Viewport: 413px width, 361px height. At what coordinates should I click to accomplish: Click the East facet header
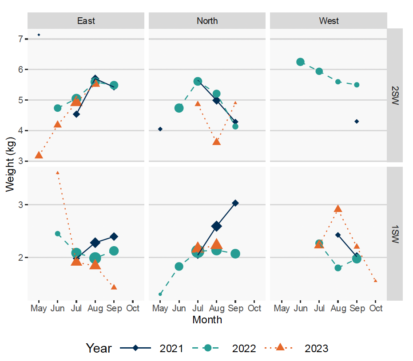tap(86, 21)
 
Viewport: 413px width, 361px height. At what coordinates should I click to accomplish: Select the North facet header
tap(207, 21)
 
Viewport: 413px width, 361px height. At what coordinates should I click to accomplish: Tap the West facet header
tap(329, 21)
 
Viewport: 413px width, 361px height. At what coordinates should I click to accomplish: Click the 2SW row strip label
tap(395, 96)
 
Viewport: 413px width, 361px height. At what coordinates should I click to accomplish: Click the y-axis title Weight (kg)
tap(10, 164)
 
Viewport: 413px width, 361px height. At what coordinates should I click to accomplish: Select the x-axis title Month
tap(207, 319)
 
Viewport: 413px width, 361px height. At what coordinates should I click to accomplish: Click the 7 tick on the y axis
tap(20, 39)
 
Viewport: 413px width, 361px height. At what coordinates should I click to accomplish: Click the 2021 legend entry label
tap(171, 348)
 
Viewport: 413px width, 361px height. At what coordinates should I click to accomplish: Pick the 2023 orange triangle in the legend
tap(280, 348)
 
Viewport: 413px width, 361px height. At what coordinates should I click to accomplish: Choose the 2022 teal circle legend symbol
tap(207, 348)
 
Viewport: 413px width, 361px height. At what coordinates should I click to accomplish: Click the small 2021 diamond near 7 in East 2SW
tap(39, 35)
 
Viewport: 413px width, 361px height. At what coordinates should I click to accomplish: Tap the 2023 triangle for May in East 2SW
tap(39, 155)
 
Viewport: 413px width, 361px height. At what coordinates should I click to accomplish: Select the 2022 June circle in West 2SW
tap(300, 62)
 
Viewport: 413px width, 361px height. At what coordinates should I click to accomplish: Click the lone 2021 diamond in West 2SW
tap(357, 122)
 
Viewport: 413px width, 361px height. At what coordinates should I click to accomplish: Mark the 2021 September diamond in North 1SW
tap(235, 203)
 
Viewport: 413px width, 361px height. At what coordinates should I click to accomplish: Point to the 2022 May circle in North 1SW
tap(160, 294)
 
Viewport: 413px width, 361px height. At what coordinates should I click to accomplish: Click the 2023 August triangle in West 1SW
tap(338, 209)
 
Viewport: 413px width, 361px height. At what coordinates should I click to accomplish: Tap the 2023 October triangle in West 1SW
tap(375, 281)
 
